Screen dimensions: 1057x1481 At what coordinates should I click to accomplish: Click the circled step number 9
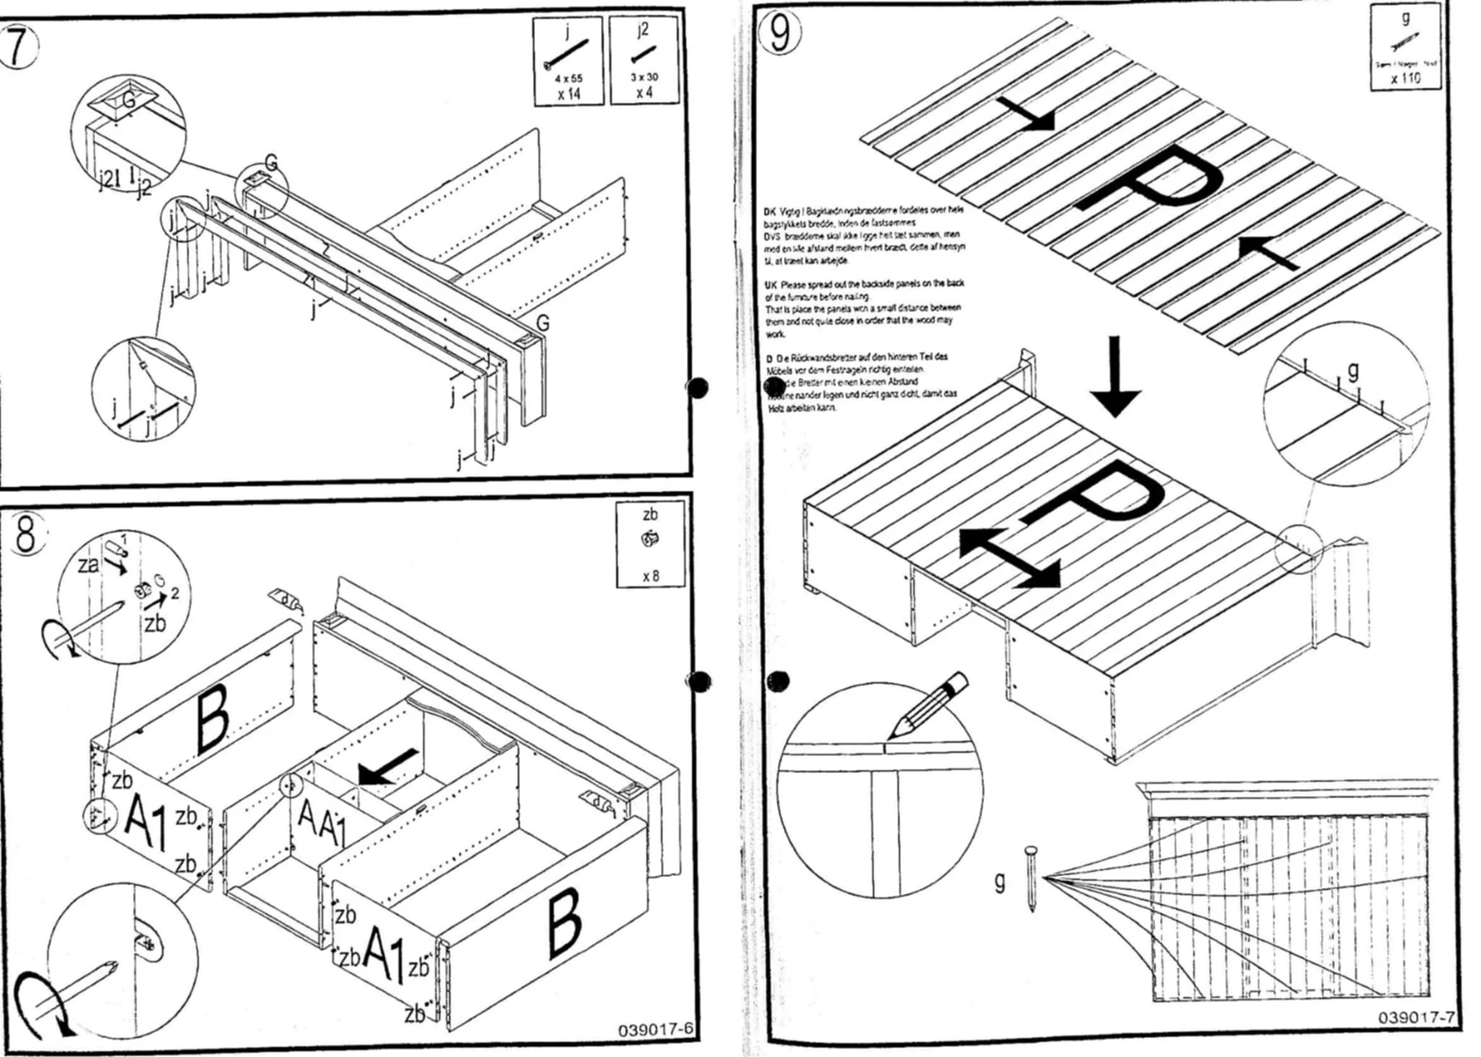[780, 33]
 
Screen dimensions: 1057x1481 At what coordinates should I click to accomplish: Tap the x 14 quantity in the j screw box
[568, 94]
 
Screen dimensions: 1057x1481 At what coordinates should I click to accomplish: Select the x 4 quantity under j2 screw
[644, 92]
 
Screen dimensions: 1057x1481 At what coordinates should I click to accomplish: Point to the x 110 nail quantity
[1405, 78]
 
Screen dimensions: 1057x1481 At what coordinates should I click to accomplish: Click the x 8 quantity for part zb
[650, 576]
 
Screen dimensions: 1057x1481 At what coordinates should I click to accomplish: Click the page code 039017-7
[1416, 1018]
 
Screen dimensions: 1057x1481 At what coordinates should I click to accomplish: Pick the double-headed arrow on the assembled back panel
[1010, 557]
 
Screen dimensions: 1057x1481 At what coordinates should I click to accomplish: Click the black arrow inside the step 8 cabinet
[388, 766]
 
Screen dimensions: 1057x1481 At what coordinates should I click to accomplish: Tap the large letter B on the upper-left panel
[212, 720]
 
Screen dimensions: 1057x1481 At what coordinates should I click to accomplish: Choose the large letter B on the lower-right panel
[564, 924]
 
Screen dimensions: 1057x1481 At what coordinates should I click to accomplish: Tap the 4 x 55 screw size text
[568, 78]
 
